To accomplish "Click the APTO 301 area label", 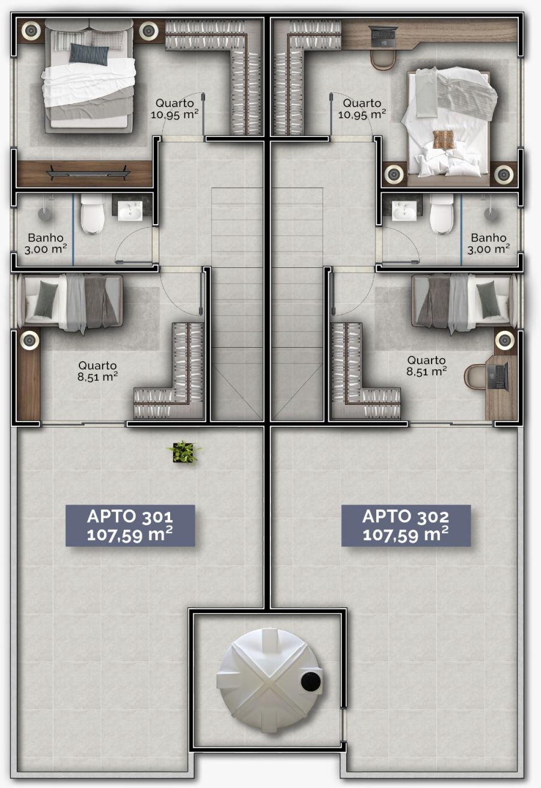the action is (x=130, y=526).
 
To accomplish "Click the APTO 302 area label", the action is (x=406, y=526).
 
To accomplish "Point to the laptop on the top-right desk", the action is (x=383, y=36).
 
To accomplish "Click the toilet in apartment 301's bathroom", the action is (x=92, y=214).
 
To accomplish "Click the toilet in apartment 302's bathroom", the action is (x=442, y=214).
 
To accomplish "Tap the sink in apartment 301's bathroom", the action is (x=130, y=211).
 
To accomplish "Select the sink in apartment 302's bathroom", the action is (x=404, y=211).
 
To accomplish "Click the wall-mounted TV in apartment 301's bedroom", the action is (x=88, y=173).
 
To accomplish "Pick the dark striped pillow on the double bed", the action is (x=89, y=54).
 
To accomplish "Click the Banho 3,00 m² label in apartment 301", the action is (x=46, y=243).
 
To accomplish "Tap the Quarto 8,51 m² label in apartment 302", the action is (x=427, y=366).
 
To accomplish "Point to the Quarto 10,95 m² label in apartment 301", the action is (x=174, y=109).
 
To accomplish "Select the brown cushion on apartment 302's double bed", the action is (x=444, y=140).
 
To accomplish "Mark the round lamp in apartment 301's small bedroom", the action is (x=29, y=340).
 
